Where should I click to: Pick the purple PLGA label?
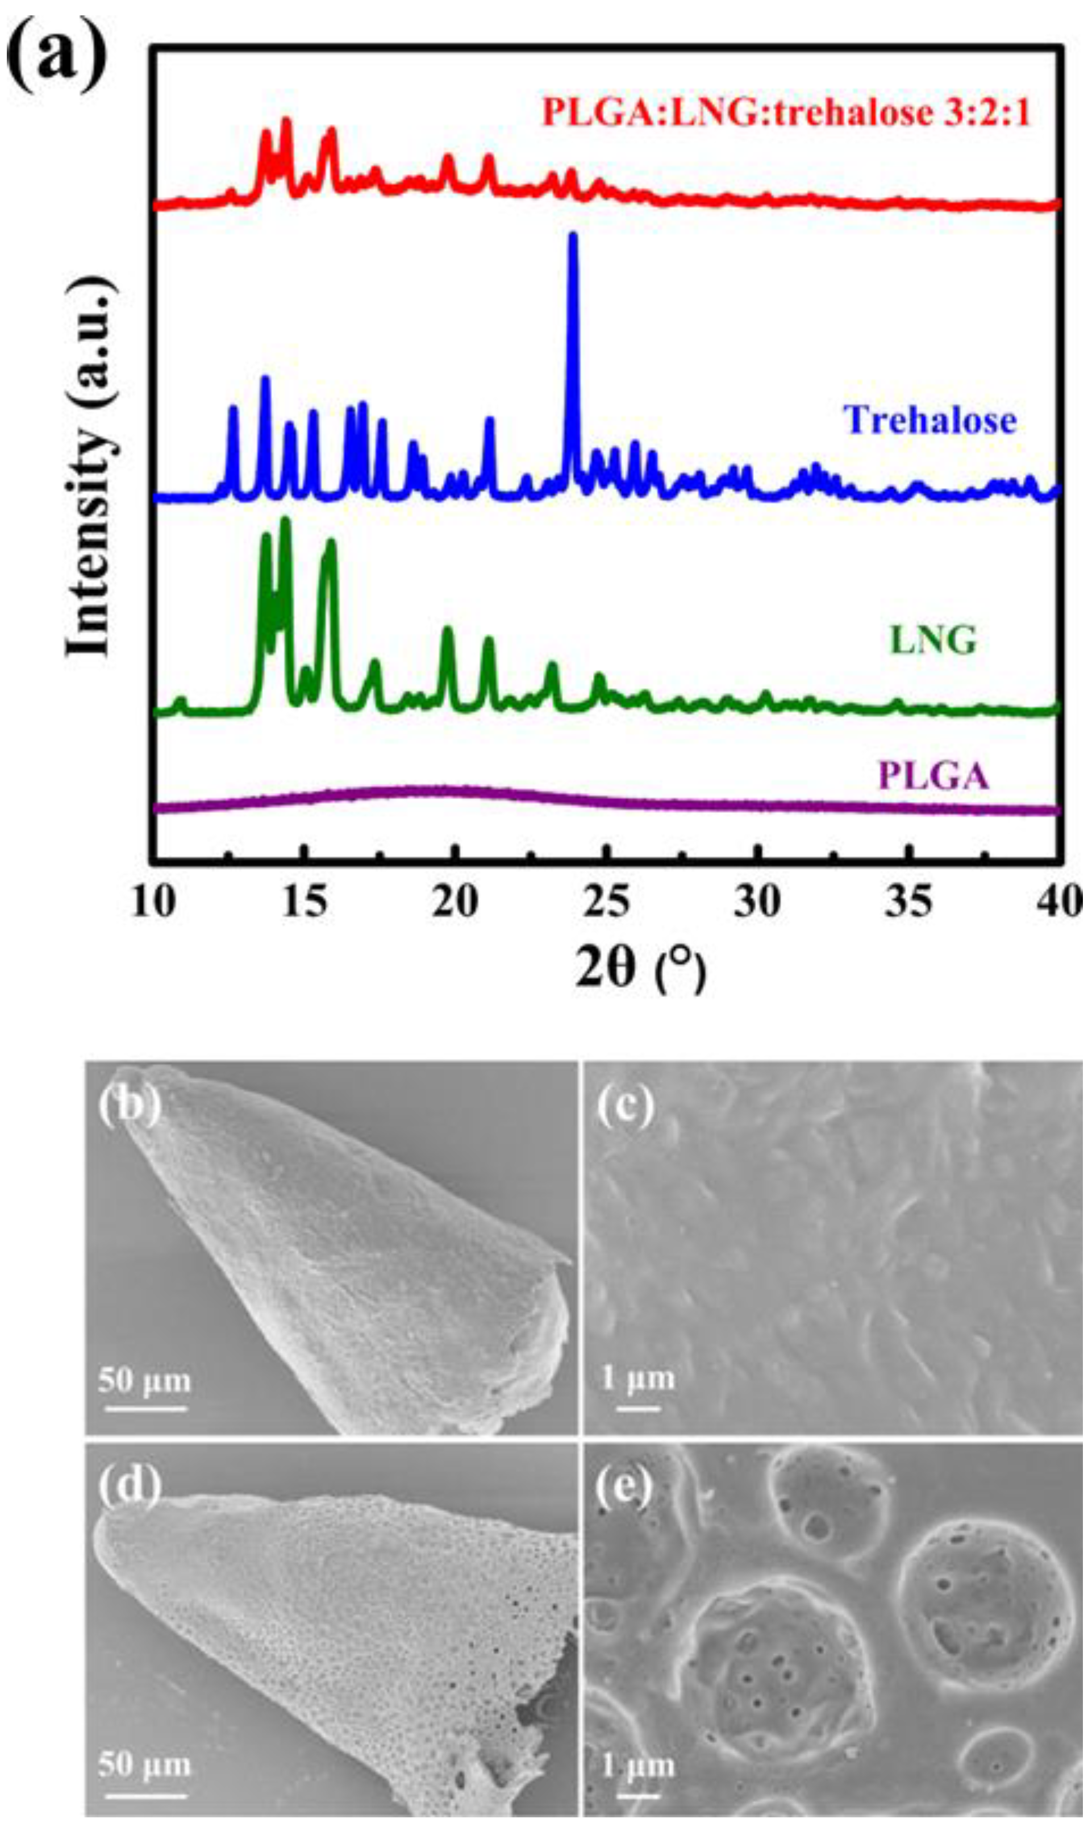933,777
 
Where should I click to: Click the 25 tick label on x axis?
608,902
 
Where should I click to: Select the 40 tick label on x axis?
1060,902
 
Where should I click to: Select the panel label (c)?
625,1104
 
